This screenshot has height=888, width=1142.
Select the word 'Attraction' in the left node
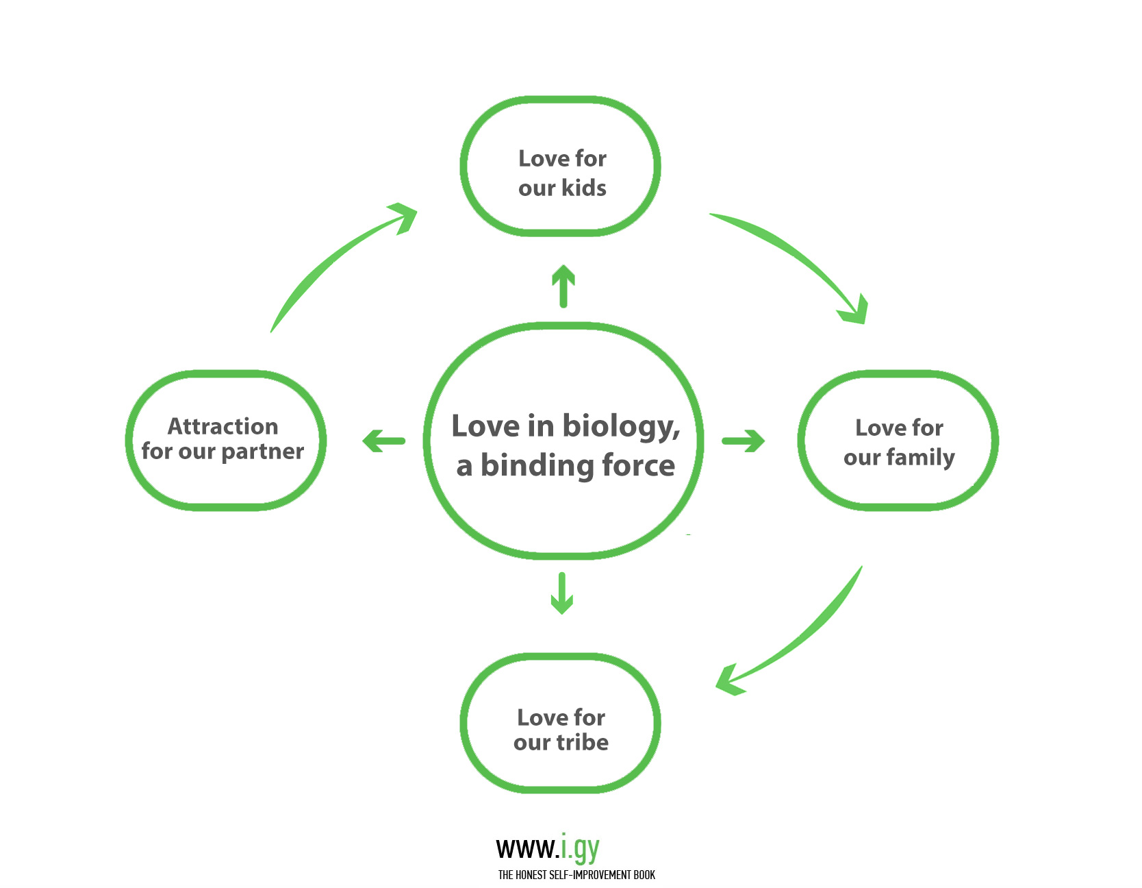pos(223,426)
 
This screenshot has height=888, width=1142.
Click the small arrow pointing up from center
pos(563,286)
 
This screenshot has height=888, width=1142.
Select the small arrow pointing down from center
pos(562,593)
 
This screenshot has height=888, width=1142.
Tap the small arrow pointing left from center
pos(383,441)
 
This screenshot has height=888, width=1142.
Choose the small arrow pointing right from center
pos(744,441)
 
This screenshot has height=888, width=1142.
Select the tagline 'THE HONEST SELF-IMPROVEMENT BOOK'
pos(576,875)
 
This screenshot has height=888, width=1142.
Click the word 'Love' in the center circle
pos(485,426)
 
